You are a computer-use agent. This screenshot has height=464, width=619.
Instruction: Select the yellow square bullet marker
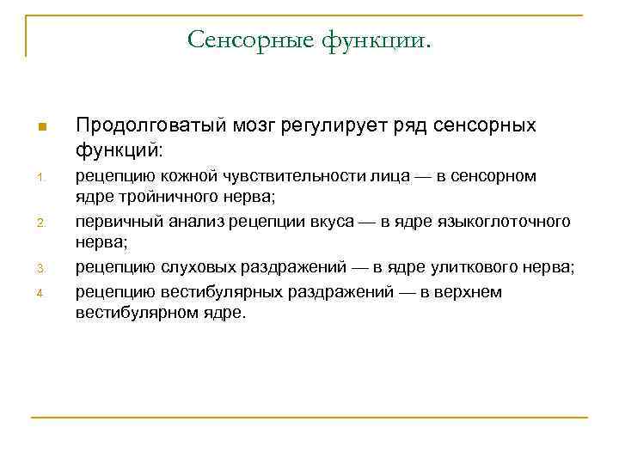(40, 129)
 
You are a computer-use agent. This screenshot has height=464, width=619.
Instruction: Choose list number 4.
(40, 296)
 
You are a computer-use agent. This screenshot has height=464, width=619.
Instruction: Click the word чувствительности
(254, 176)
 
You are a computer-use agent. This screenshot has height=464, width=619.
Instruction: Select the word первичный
(112, 223)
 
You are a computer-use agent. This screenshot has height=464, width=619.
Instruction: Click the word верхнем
(470, 292)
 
